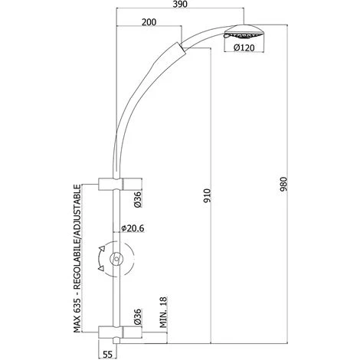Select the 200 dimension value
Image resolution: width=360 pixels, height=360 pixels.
152,24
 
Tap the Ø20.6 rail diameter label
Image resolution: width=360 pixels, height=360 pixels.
134,227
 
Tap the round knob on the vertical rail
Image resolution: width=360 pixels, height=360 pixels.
116,260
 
